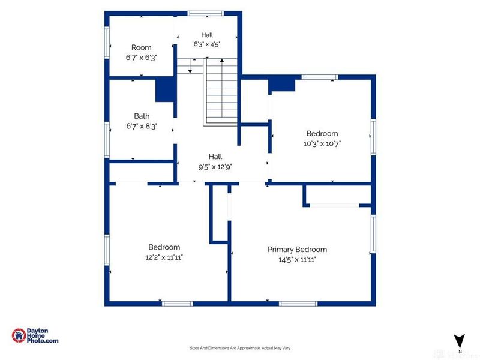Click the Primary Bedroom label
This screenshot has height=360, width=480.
(x=297, y=250)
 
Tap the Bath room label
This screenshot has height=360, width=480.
(x=142, y=116)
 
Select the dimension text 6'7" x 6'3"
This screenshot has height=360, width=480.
(x=141, y=58)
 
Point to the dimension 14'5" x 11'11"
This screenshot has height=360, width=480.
(x=297, y=260)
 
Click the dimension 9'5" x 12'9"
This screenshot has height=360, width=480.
(x=215, y=167)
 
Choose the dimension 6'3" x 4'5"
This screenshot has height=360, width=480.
(x=207, y=44)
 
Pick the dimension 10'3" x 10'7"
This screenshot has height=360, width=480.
(x=322, y=143)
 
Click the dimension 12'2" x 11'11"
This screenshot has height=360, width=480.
(x=164, y=257)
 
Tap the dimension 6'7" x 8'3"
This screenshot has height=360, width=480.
(x=142, y=126)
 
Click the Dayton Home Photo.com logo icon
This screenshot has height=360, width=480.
(x=19, y=335)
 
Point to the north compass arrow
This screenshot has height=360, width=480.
(x=460, y=341)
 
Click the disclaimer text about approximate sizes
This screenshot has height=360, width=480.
(x=240, y=348)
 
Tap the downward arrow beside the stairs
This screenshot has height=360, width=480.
(x=190, y=65)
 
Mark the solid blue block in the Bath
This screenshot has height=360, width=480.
(x=165, y=89)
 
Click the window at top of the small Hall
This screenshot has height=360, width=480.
(x=205, y=13)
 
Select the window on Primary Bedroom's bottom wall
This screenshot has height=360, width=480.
(x=298, y=304)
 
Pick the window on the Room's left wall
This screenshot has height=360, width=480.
(x=107, y=43)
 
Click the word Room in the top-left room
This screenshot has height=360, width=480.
(x=141, y=47)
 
